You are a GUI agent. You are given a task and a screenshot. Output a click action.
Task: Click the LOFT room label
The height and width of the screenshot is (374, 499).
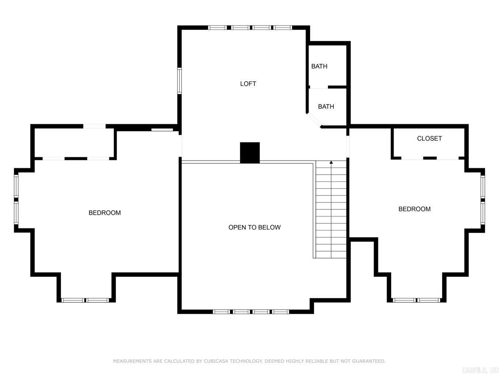[x=248, y=84]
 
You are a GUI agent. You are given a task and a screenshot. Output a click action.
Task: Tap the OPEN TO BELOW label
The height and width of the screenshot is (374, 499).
[x=254, y=227]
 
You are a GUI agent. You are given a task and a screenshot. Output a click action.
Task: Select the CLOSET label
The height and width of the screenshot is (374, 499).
[x=429, y=138]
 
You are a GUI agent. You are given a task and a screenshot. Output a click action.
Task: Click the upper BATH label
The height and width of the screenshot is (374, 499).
[x=319, y=66]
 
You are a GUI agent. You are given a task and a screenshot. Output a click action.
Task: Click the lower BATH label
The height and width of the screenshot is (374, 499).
[x=326, y=107]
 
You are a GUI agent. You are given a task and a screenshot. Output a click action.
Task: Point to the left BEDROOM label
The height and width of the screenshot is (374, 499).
[x=105, y=213]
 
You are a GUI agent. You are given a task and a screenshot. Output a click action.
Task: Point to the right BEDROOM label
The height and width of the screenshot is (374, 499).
[x=414, y=209]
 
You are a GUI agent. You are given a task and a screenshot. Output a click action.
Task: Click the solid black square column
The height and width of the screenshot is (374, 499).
[x=250, y=152]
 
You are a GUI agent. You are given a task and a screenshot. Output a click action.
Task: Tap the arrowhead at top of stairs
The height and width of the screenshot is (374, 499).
[x=331, y=162]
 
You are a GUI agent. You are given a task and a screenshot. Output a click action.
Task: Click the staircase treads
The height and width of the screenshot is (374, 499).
[x=331, y=212]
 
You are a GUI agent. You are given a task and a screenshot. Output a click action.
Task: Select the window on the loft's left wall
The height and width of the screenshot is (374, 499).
[x=179, y=81]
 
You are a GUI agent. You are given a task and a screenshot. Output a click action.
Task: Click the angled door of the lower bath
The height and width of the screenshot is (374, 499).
[x=314, y=120]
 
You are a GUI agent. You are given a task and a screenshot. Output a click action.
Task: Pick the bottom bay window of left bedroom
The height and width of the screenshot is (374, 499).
[x=86, y=300]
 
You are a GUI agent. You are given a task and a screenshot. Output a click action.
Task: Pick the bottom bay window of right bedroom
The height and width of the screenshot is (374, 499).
[x=416, y=300]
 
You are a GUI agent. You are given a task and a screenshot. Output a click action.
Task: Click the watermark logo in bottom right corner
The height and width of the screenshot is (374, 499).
[x=480, y=370]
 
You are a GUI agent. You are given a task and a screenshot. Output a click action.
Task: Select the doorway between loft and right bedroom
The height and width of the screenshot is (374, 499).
[x=348, y=146]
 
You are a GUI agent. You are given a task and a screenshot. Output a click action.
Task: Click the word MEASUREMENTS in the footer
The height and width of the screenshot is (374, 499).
[x=132, y=361]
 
